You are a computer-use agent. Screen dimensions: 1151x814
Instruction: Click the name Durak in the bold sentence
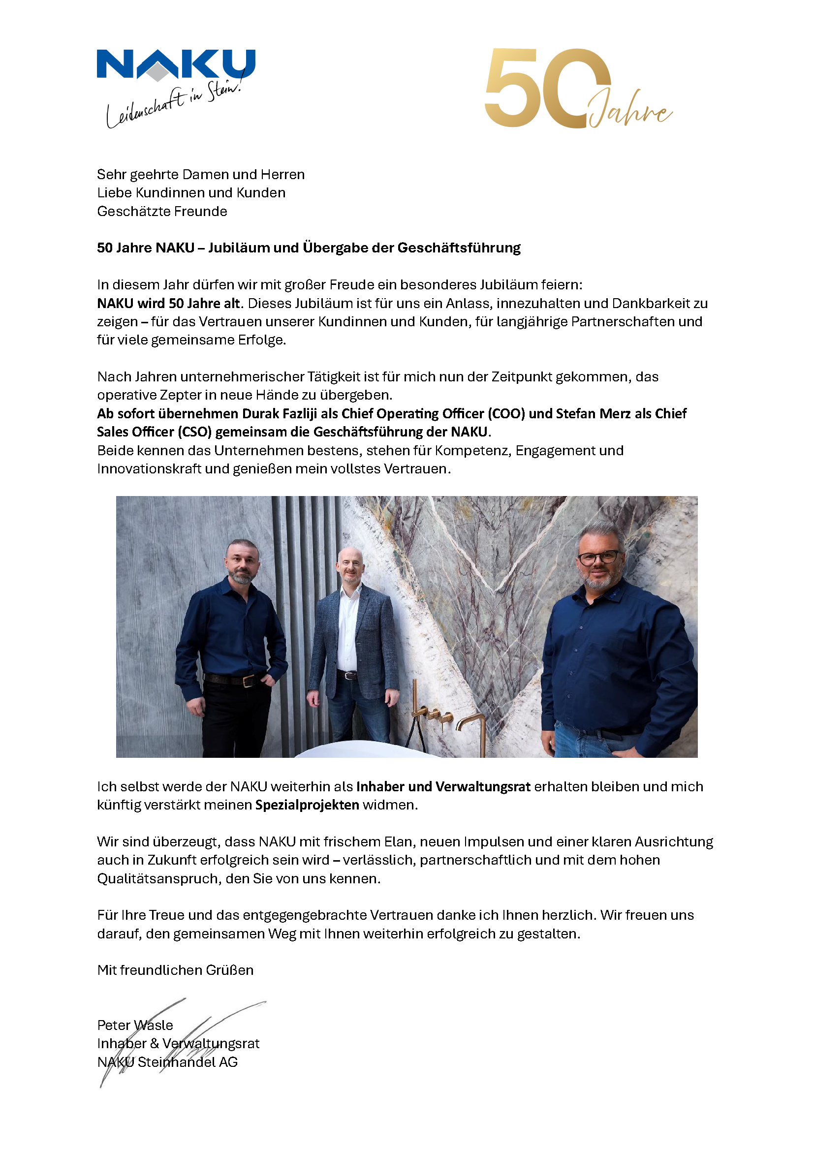(260, 413)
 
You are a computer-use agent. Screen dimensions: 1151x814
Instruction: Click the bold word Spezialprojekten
(307, 805)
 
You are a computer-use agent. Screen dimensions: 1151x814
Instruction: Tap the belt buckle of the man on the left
(248, 681)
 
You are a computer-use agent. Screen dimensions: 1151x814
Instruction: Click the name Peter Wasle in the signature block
(135, 1025)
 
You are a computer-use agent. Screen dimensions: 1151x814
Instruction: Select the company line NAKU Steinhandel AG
(167, 1062)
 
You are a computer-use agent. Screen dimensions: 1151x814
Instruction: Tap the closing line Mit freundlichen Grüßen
(175, 970)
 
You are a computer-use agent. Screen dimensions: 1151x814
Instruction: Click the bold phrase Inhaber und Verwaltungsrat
(443, 786)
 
